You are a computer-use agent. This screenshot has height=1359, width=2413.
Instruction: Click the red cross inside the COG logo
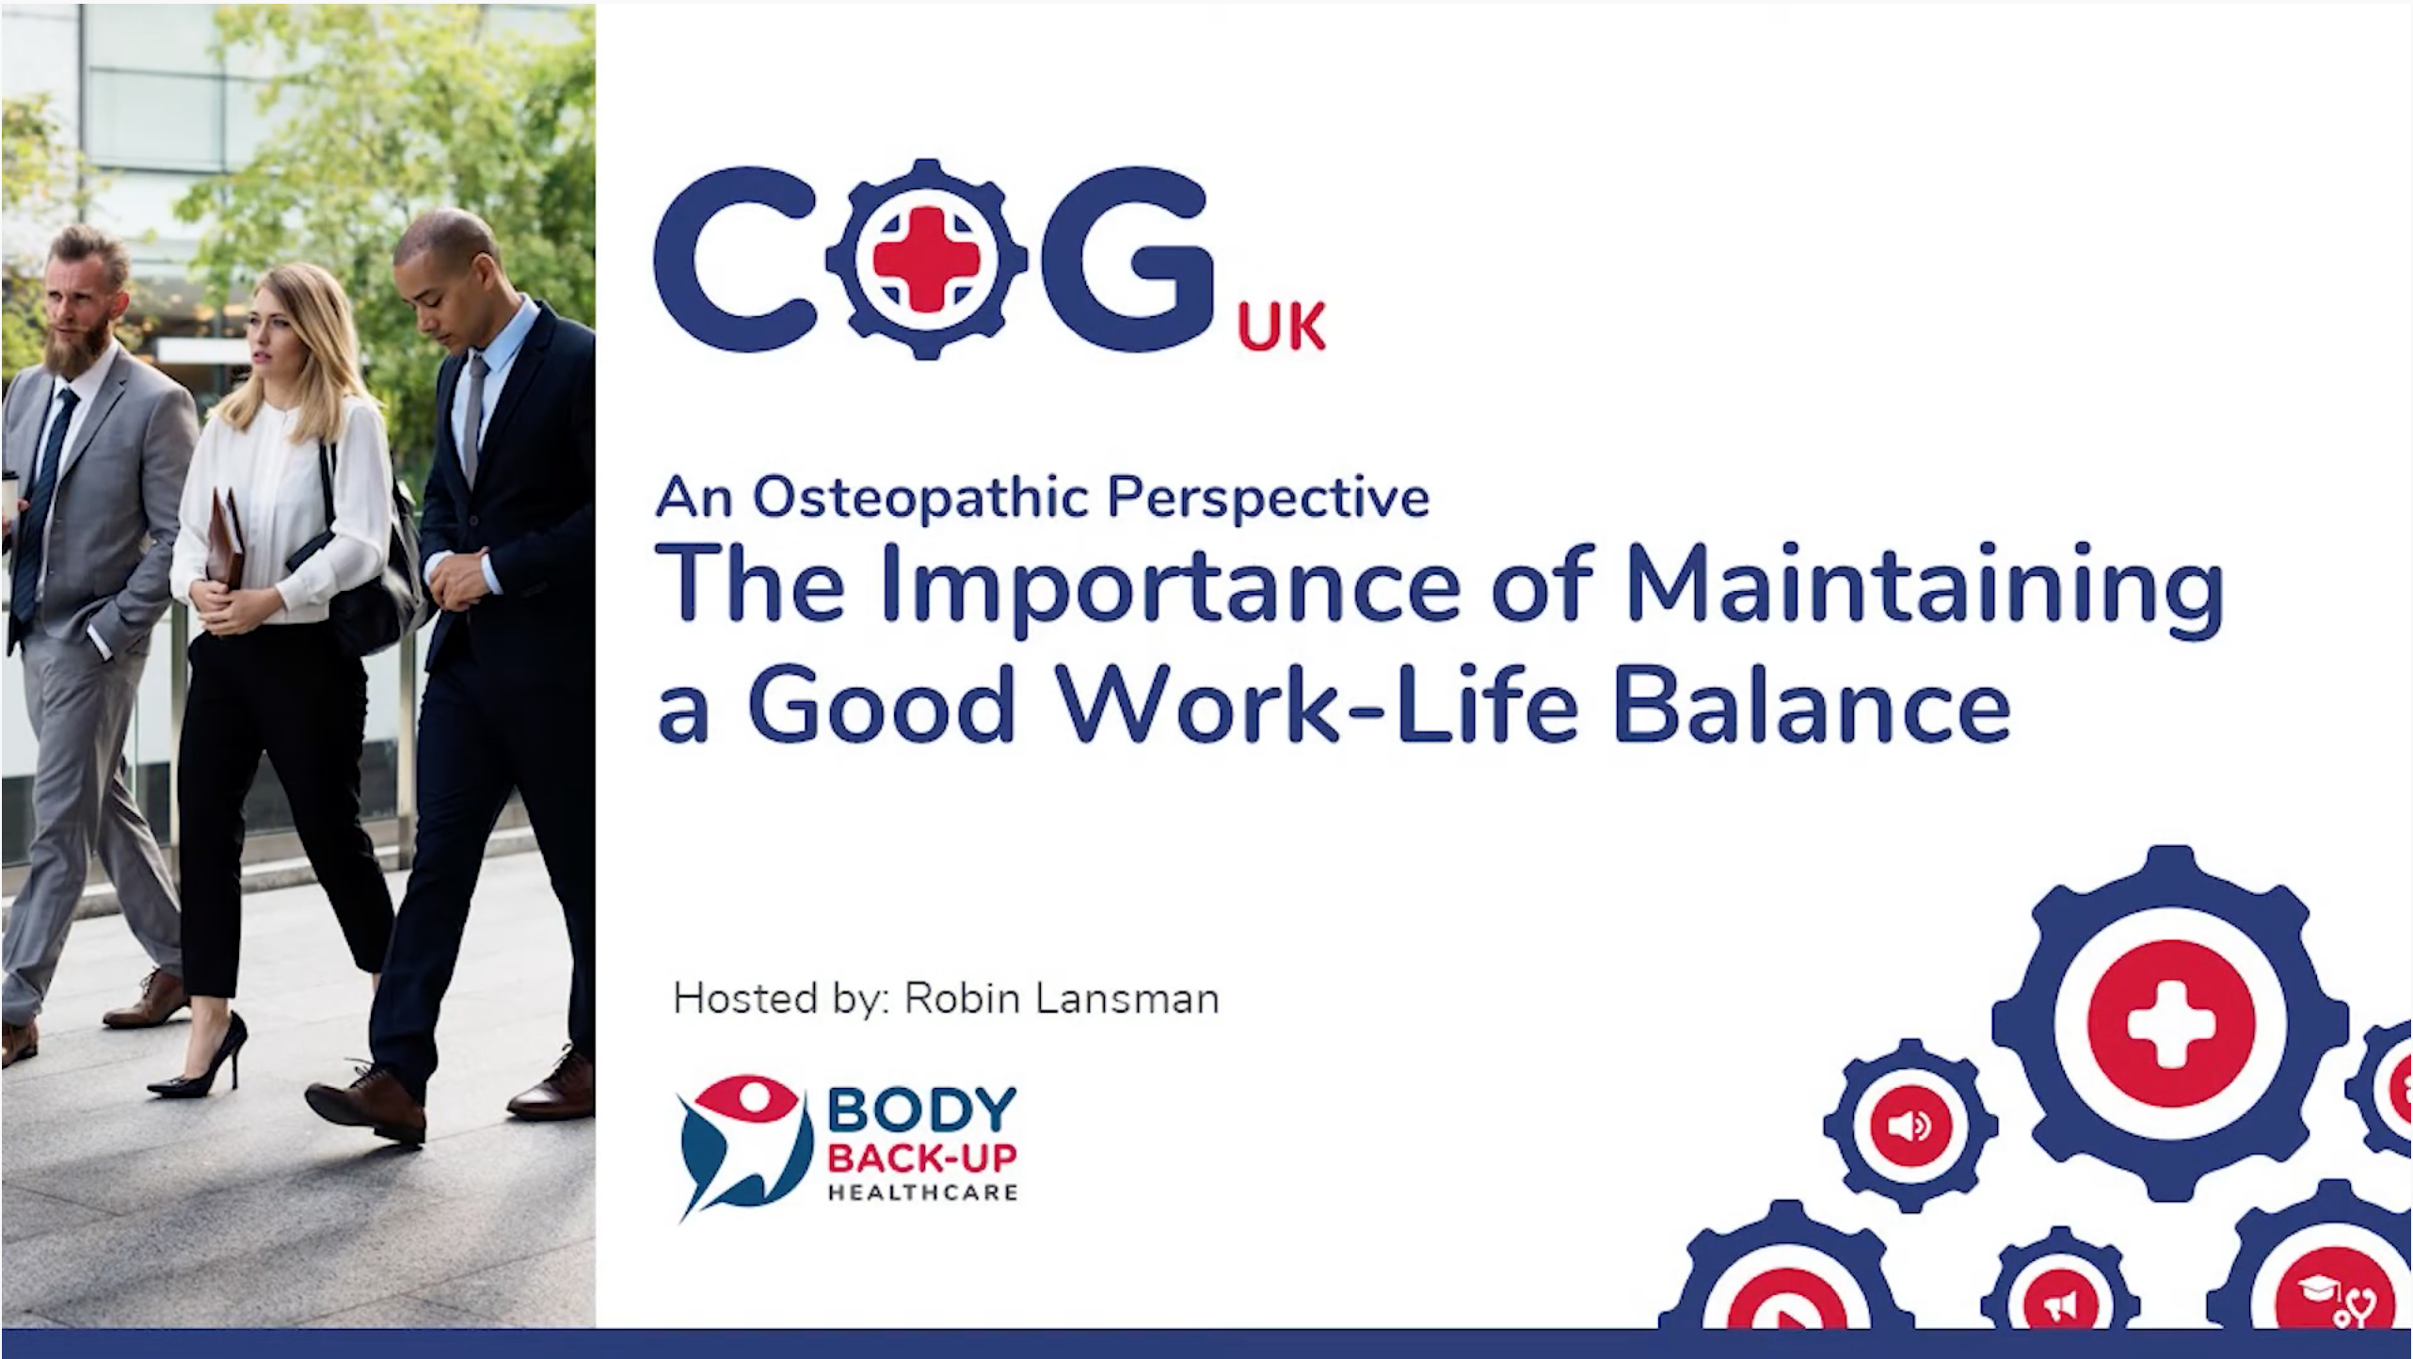[x=927, y=259]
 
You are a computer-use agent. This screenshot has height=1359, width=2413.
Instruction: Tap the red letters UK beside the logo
[x=1282, y=326]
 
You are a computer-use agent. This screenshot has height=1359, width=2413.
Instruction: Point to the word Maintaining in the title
[x=1924, y=584]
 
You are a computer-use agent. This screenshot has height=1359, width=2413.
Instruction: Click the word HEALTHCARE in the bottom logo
[x=922, y=1192]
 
